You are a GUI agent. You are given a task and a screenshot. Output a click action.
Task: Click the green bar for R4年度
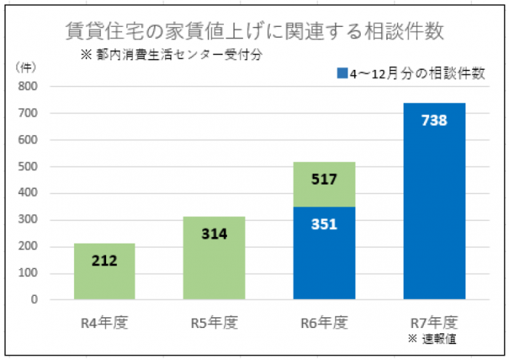point(105,280)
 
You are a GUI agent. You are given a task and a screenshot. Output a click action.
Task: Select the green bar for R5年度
point(214,273)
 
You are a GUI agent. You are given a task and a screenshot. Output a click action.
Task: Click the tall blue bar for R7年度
point(433,218)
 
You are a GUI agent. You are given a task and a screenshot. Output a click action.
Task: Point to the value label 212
point(105,260)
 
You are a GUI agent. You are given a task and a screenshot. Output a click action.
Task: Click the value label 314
point(215,234)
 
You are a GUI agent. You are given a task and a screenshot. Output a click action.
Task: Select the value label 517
point(324,179)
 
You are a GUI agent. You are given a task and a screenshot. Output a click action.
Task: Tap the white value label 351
point(324,224)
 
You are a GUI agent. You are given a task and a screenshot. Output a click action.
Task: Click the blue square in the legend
point(342,73)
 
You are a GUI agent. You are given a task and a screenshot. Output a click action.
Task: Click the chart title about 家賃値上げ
point(254,33)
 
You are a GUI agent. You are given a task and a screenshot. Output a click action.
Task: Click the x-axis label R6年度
point(324,321)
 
